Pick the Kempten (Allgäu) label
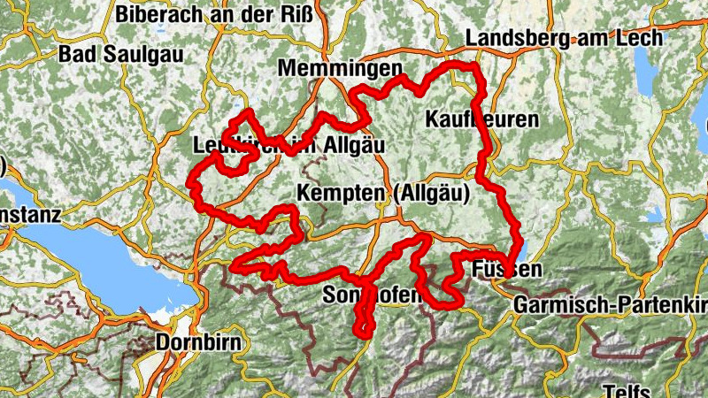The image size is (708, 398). pyautogui.click(x=382, y=193)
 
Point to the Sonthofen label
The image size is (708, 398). pyautogui.click(x=373, y=295)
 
